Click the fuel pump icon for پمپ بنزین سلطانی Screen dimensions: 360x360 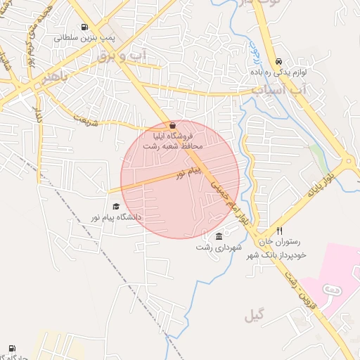tap(85, 28)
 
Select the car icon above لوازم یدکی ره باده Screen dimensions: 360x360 tap(280, 61)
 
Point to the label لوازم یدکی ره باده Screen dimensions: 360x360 tap(279, 72)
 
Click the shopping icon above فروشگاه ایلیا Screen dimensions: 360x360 tap(173, 124)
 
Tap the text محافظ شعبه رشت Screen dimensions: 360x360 tap(173, 146)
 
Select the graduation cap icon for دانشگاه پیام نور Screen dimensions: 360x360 tap(116, 206)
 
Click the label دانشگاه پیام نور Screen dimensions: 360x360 tap(112, 217)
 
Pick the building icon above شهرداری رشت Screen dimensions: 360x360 tap(219, 236)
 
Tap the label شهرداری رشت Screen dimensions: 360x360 tap(219, 247)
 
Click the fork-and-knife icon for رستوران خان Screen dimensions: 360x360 tap(279, 231)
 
